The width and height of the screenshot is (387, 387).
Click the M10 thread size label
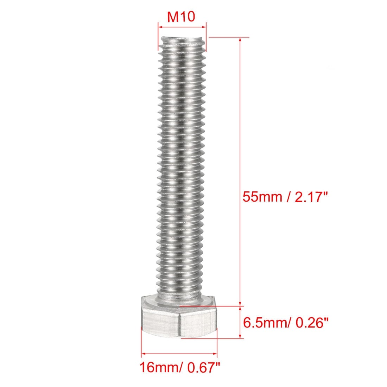pyautogui.click(x=181, y=17)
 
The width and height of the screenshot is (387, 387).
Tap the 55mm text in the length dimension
pyautogui.click(x=262, y=197)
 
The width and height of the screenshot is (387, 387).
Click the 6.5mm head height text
pyautogui.click(x=265, y=323)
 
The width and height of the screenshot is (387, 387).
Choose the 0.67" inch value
pyautogui.click(x=203, y=367)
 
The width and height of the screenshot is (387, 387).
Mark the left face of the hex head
pyautogui.click(x=160, y=322)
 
